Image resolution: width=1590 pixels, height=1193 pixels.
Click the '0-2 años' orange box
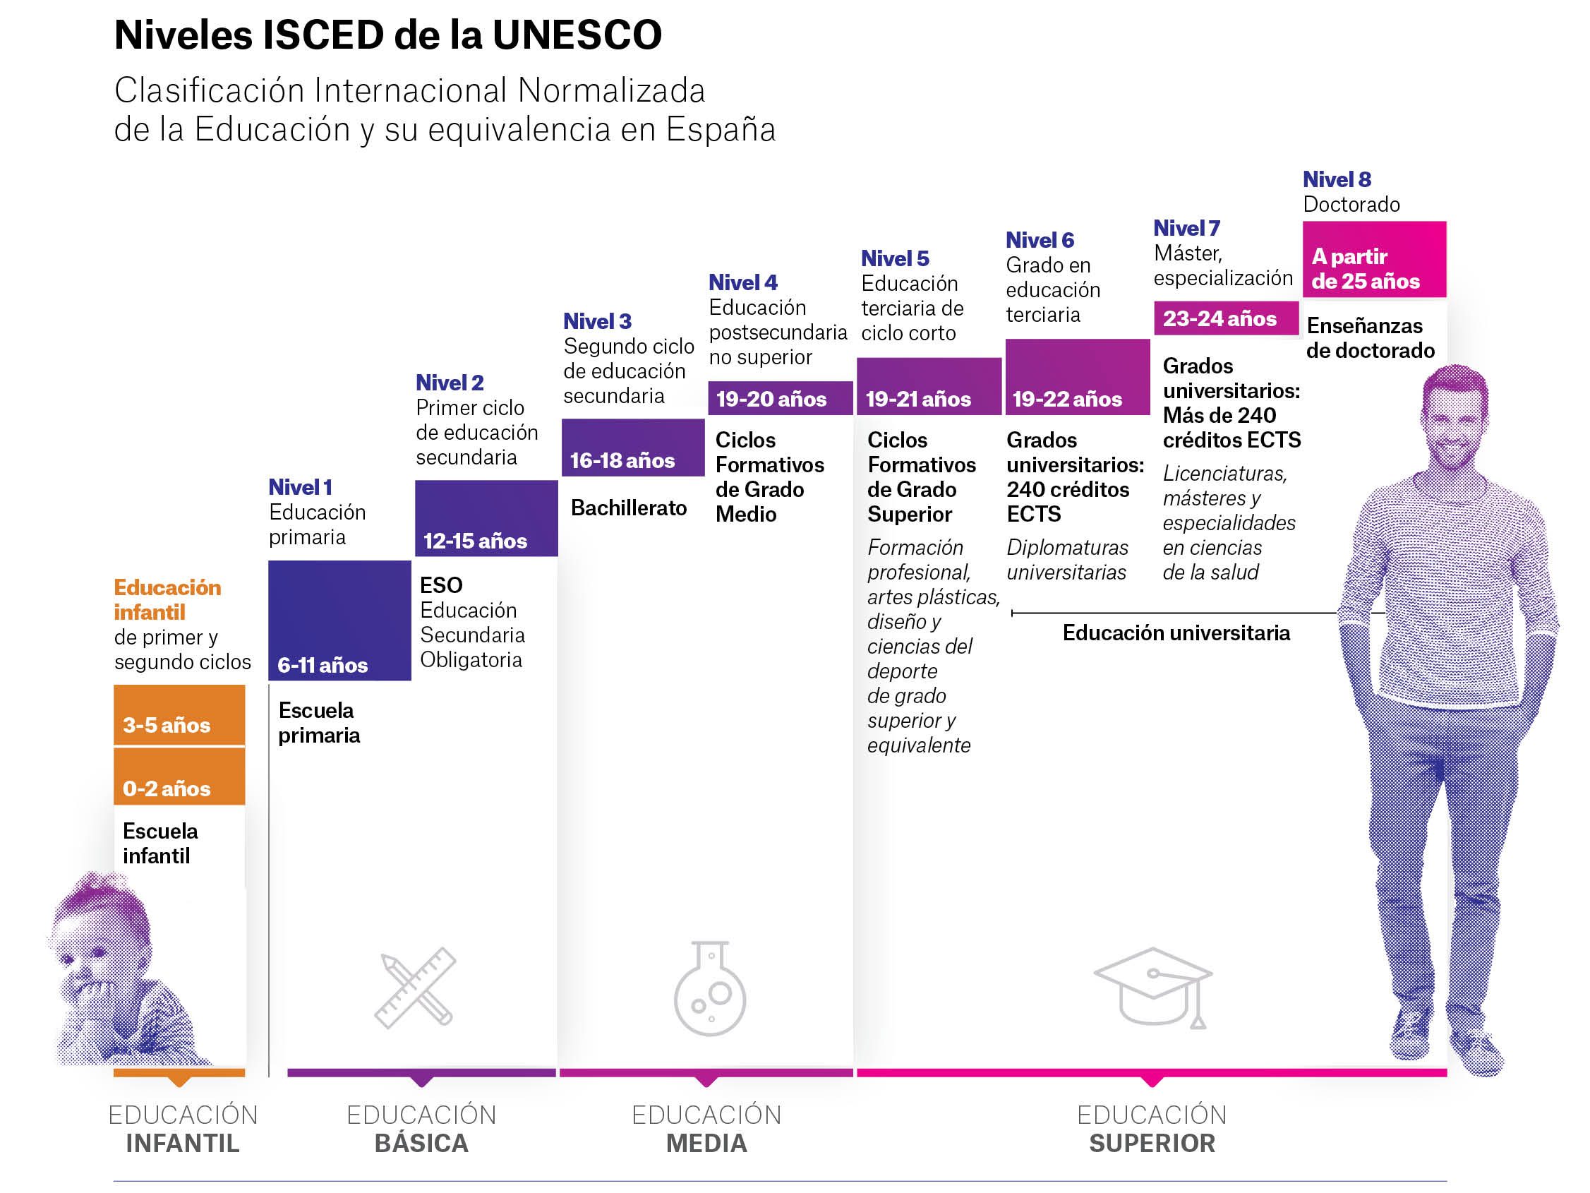pyautogui.click(x=179, y=777)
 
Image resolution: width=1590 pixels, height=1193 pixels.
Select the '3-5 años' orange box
pyautogui.click(x=179, y=715)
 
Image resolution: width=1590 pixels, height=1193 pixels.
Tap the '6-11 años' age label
pyautogui.click(x=323, y=665)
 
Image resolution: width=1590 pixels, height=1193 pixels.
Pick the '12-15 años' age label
pyautogui.click(x=475, y=541)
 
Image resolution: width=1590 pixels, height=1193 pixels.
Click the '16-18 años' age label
pyautogui.click(x=622, y=460)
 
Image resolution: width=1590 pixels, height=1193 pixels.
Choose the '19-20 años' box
pyautogui.click(x=780, y=398)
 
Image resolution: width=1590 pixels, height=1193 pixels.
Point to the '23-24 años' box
pyautogui.click(x=1227, y=318)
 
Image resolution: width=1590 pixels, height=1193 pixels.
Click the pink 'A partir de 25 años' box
pyautogui.click(x=1374, y=260)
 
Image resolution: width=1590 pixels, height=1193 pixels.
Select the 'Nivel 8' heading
pyautogui.click(x=1337, y=179)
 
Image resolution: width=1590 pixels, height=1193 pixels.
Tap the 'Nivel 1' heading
pyautogui.click(x=301, y=487)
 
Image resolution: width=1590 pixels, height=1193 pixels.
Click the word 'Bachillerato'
pyautogui.click(x=629, y=508)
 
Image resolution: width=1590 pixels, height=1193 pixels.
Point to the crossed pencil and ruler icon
pyautogui.click(x=416, y=988)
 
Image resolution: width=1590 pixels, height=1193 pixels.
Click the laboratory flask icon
pyautogui.click(x=710, y=988)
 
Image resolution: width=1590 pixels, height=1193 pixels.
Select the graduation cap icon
pyautogui.click(x=1153, y=987)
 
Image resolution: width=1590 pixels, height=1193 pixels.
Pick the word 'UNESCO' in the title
pyautogui.click(x=577, y=35)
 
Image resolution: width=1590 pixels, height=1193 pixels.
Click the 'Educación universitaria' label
pyautogui.click(x=1176, y=633)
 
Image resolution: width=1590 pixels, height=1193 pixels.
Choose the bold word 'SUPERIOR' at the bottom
pyautogui.click(x=1152, y=1143)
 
